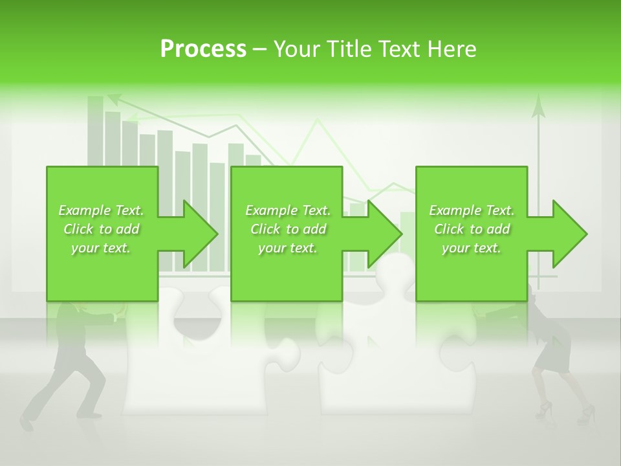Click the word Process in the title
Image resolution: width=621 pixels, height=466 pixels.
[x=203, y=49]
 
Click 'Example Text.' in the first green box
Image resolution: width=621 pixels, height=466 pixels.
[x=102, y=210]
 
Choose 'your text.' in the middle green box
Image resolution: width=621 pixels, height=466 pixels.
[x=287, y=248]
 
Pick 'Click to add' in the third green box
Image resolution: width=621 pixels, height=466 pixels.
[x=472, y=229]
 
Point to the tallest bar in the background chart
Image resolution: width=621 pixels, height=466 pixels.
[x=96, y=129]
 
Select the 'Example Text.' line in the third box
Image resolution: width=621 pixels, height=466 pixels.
[x=472, y=210]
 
